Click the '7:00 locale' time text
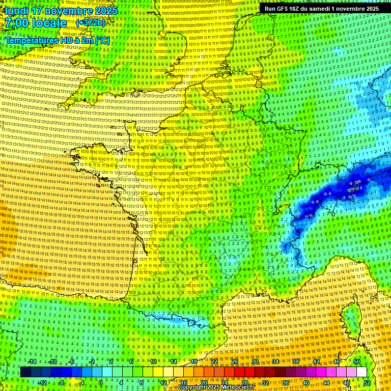[36, 23]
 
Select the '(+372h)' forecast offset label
[91, 23]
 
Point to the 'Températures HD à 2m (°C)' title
[57, 40]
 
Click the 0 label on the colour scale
[101, 382]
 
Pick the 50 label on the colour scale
[356, 361]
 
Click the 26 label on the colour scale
[235, 361]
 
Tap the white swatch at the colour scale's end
[361, 372]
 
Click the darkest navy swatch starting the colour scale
[25, 372]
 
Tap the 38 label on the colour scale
[296, 361]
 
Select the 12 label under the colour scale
[163, 382]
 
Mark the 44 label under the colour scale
[326, 382]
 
